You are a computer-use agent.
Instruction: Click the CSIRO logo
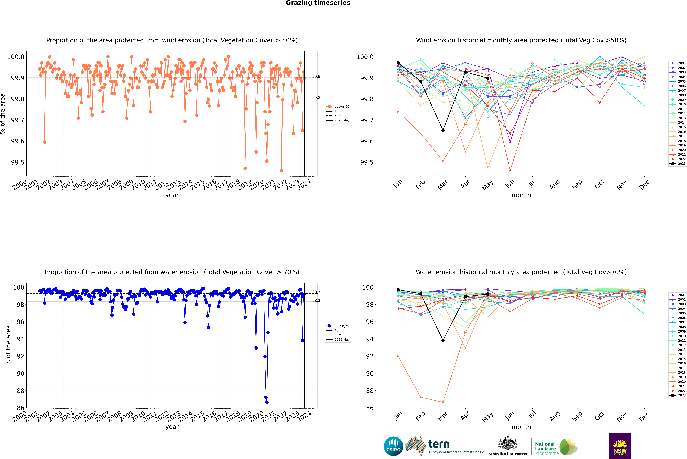point(393,446)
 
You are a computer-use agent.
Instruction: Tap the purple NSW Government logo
point(620,446)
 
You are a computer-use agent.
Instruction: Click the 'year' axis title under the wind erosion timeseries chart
point(172,195)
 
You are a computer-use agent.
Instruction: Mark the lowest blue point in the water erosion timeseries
point(267,402)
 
